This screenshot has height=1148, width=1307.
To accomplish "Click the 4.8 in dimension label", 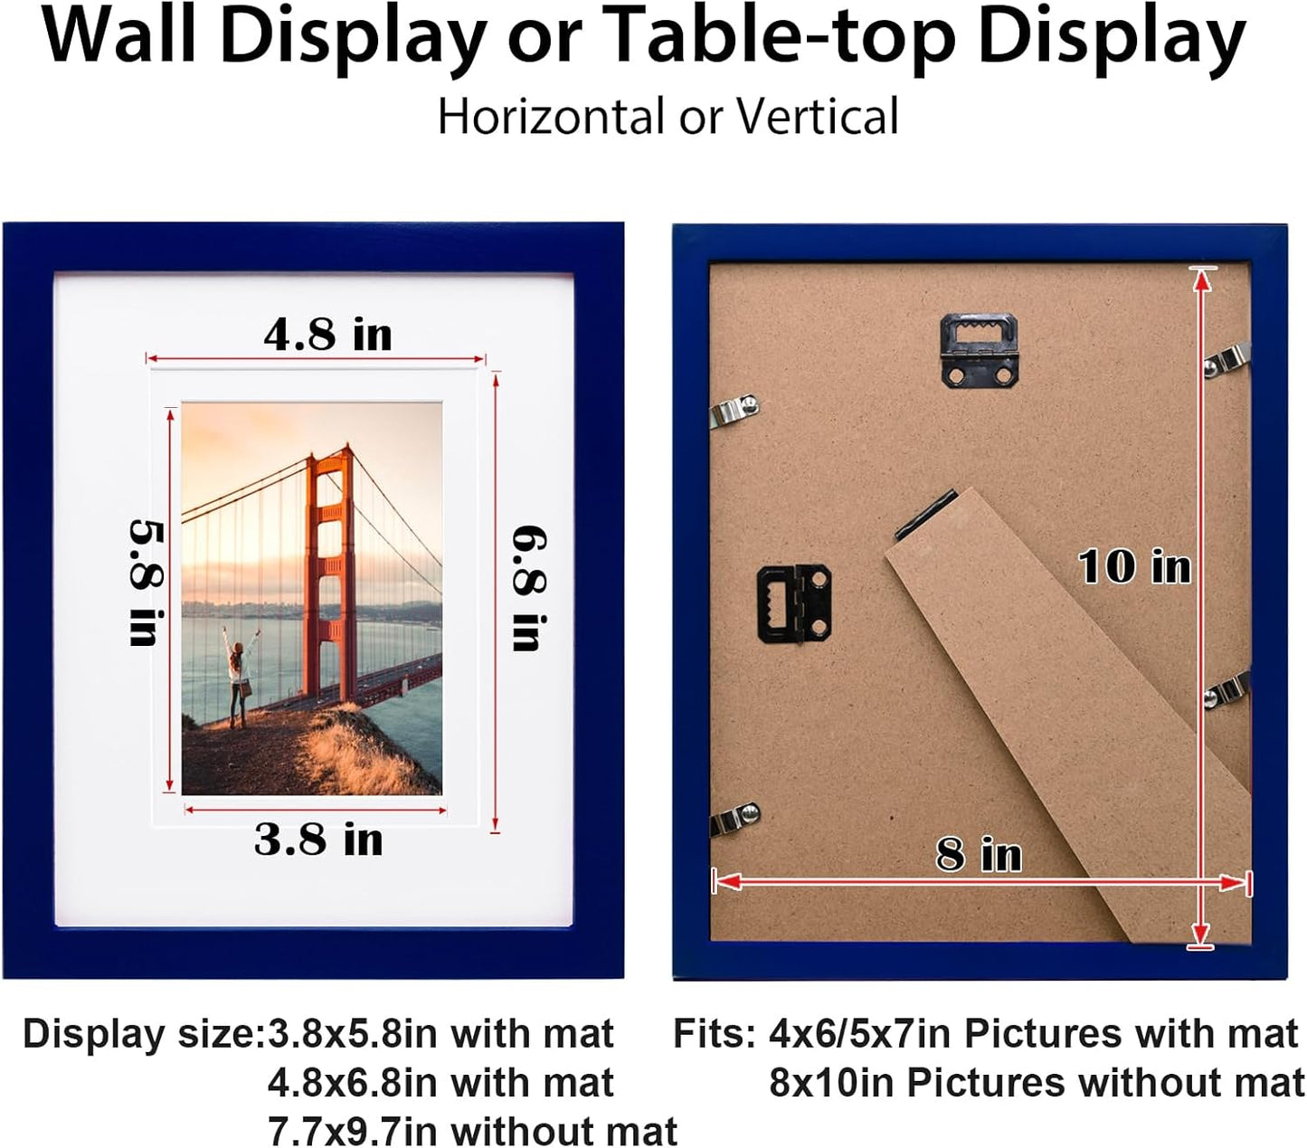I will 327,335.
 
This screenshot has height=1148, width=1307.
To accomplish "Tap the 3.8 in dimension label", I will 318,840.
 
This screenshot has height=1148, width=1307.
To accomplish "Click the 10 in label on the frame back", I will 1134,567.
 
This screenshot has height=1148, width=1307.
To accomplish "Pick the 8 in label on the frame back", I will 979,854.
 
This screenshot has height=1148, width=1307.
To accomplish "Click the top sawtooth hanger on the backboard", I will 980,348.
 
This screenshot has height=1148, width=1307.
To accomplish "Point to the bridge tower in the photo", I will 330,570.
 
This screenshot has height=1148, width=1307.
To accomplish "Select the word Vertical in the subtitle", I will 817,117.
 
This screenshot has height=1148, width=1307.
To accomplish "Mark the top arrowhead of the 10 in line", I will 1201,280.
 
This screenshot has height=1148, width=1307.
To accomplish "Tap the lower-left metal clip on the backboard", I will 734,819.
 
